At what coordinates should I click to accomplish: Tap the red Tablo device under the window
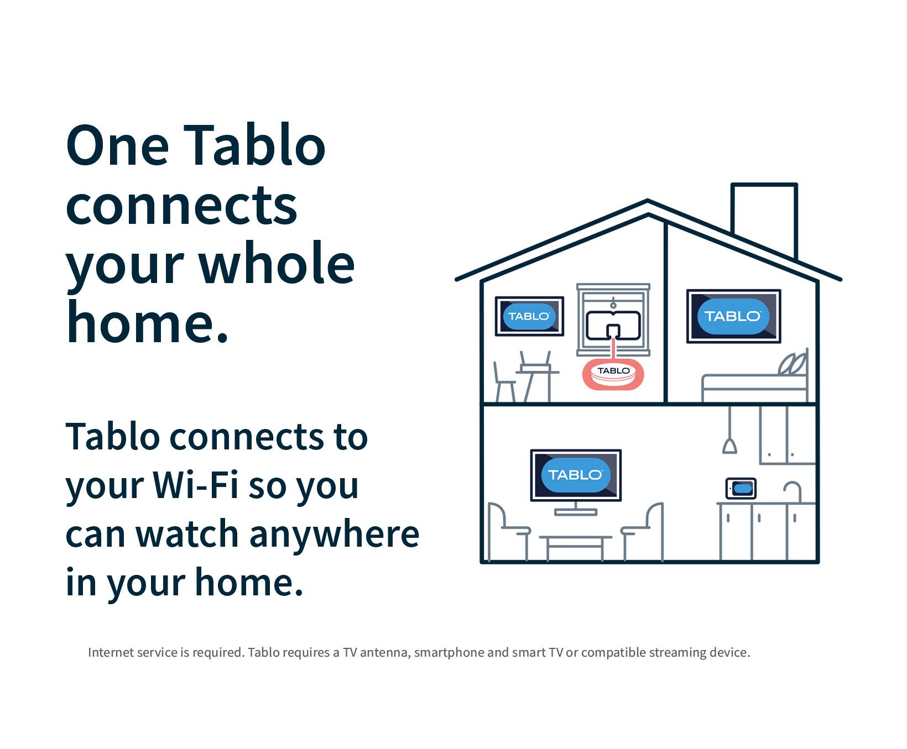point(613,375)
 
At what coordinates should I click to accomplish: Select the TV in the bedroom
point(733,316)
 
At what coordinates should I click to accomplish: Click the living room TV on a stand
point(576,475)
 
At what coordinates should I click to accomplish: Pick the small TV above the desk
point(529,316)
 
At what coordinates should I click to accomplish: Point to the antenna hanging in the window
point(613,326)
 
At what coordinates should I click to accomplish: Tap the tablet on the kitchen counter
point(741,489)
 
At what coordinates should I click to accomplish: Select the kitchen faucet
point(793,491)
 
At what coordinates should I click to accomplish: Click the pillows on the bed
point(793,365)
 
